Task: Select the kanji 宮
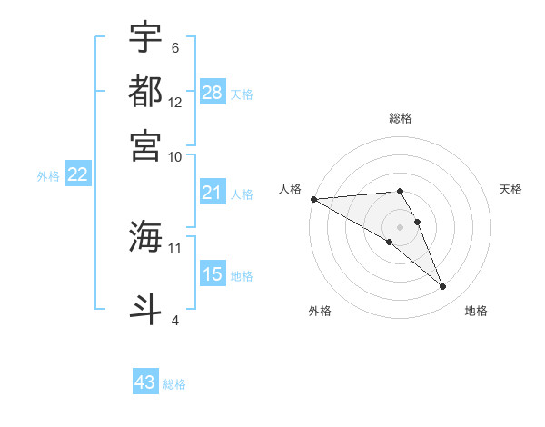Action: [145, 144]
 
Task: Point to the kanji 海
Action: [145, 237]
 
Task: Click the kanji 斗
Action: [145, 307]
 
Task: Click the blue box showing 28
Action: [213, 93]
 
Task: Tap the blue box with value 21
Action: [213, 193]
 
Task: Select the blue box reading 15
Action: [213, 274]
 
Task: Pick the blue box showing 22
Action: [77, 175]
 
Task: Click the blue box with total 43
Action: [145, 382]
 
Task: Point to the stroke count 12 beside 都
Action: [175, 103]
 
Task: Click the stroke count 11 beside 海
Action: [175, 246]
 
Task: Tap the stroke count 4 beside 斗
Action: [175, 319]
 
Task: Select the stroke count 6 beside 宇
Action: [175, 48]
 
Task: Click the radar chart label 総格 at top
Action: [401, 118]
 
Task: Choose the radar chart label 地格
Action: [476, 311]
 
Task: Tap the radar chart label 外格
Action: [320, 311]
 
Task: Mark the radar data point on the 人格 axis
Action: [313, 199]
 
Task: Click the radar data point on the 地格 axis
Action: [443, 287]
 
